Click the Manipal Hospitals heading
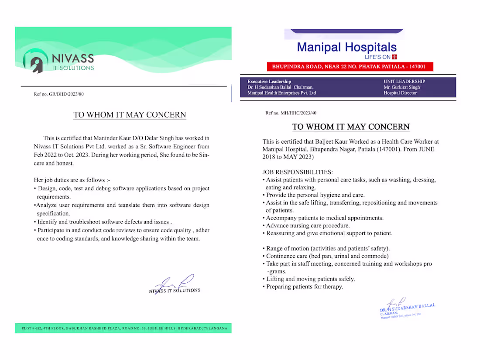coord(346,47)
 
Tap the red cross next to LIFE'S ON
coord(394,57)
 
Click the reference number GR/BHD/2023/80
coord(58,94)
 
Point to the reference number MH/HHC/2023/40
coord(291,113)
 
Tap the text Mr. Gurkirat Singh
coord(401,87)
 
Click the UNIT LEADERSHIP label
coord(404,82)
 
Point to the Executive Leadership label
coord(269,82)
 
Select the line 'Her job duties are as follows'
coord(69,180)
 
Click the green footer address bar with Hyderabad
coord(123,328)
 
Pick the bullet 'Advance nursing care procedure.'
coord(308,226)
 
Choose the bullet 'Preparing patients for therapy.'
coord(304,287)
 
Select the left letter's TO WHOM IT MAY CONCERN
coord(130,115)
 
